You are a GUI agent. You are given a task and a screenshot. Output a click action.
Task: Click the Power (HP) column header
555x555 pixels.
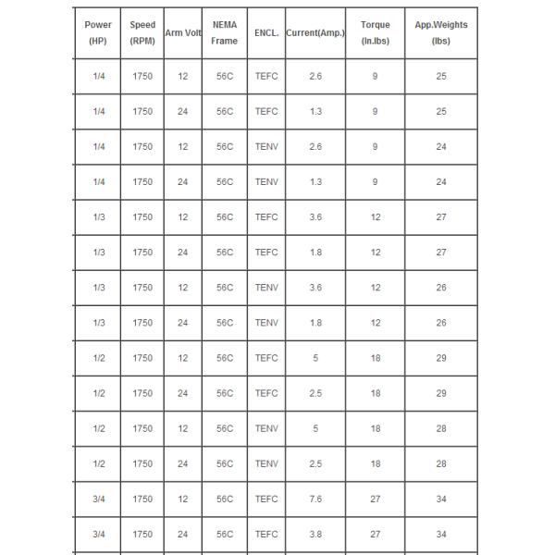99,32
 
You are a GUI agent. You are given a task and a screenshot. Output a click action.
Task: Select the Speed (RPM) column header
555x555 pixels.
142,32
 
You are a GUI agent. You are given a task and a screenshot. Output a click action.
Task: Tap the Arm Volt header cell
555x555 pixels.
182,32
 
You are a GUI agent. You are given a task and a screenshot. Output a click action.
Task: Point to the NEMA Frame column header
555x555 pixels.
225,32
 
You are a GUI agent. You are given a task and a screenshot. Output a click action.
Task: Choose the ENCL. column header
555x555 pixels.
266,32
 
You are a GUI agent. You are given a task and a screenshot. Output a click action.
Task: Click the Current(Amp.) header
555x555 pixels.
315,32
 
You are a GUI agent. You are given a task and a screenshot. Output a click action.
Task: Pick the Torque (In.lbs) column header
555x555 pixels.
375,32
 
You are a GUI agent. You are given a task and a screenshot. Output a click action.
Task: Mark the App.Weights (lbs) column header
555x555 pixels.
441,32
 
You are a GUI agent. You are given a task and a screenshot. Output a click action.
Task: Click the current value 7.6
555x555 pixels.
315,499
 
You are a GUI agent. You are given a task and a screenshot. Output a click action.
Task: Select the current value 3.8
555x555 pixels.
315,534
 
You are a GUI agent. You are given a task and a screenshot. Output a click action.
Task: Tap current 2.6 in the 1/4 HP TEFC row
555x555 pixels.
315,76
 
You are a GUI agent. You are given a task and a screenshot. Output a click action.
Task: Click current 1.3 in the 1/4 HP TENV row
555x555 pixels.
315,182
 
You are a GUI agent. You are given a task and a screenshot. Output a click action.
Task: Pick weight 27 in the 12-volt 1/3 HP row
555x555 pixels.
441,217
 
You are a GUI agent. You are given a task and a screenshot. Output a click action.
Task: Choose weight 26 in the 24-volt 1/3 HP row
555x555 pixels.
441,323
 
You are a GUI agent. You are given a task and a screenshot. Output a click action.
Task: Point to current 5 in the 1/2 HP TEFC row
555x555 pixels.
315,358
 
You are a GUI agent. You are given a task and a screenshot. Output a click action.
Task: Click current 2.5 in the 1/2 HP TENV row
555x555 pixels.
315,463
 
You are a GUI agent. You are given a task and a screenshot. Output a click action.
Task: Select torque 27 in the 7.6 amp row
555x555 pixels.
375,499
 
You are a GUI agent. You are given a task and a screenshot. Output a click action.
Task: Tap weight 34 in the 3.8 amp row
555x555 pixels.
441,534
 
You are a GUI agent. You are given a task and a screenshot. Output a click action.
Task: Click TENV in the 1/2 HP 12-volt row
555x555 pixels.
266,428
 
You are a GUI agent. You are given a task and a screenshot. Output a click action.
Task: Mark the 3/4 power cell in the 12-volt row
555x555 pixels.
99,499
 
